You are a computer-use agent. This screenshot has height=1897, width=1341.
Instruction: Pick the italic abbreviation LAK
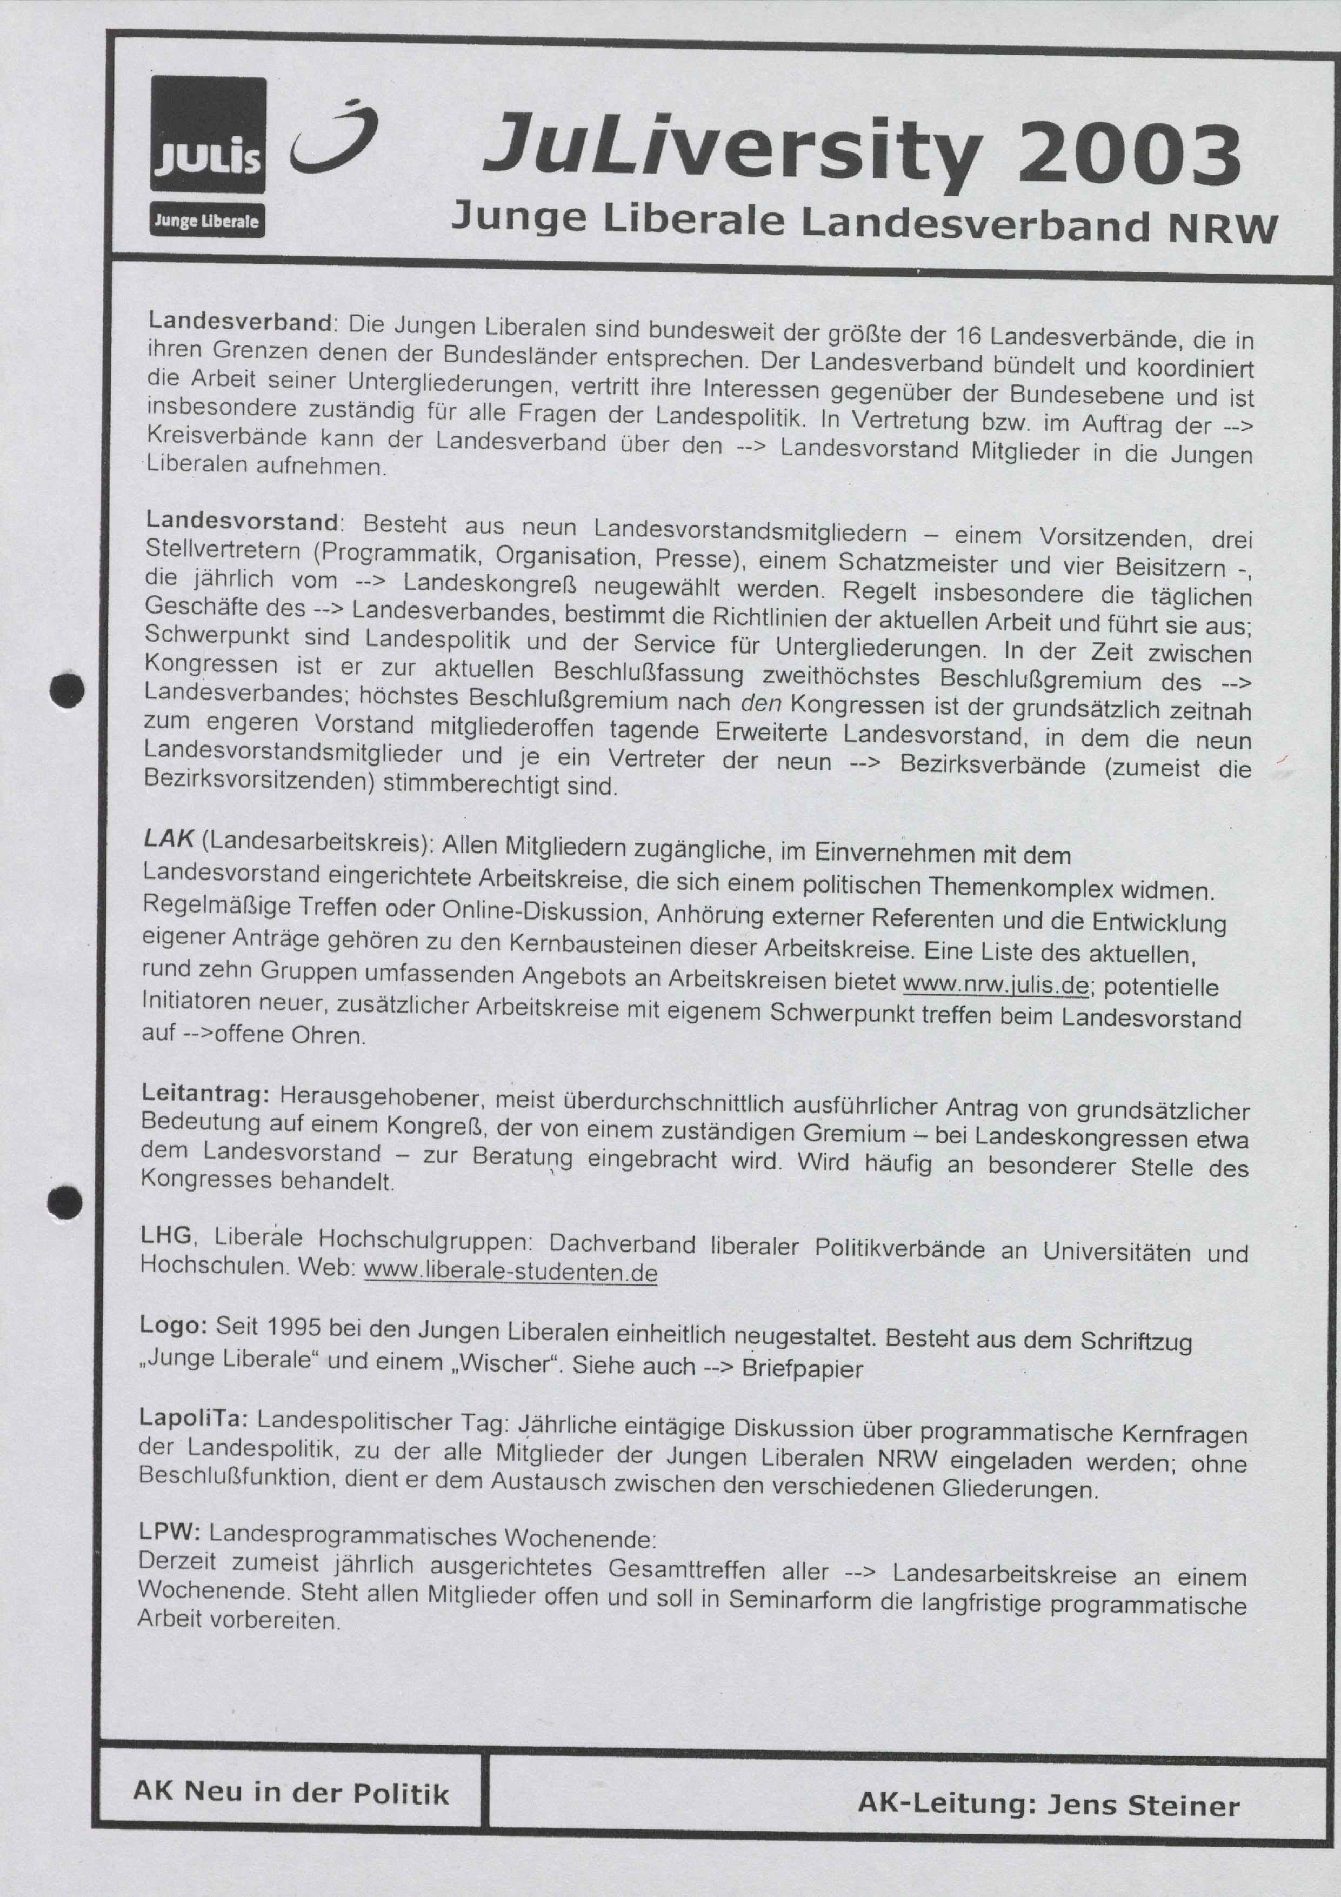(169, 838)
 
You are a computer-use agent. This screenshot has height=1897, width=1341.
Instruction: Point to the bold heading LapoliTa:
(194, 1418)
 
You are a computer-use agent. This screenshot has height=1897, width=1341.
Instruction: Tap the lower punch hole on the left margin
(65, 1202)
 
